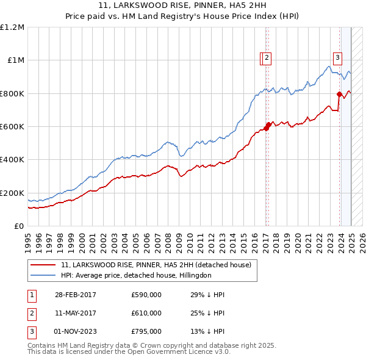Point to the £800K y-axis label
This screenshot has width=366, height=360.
point(12,94)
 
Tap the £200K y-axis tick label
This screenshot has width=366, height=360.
point(12,193)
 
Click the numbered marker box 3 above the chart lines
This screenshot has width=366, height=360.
point(338,59)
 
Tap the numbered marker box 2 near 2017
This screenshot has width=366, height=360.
point(268,59)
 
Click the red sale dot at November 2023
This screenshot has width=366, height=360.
point(339,94)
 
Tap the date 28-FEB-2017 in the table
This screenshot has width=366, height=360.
point(75,295)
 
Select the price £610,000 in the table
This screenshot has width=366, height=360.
point(146,313)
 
